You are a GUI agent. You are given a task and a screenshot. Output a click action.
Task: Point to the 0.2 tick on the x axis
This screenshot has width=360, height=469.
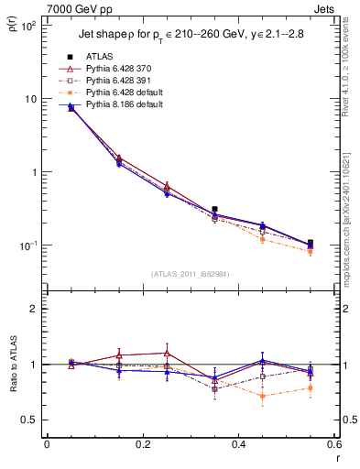coord(142,444)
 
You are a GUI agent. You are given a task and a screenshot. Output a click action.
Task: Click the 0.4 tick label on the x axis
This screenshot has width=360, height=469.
coord(238,444)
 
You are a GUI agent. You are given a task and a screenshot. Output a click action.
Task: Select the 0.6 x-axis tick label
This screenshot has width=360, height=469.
coord(333,444)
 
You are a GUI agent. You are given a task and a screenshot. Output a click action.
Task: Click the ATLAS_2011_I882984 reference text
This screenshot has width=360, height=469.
coord(190,274)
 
